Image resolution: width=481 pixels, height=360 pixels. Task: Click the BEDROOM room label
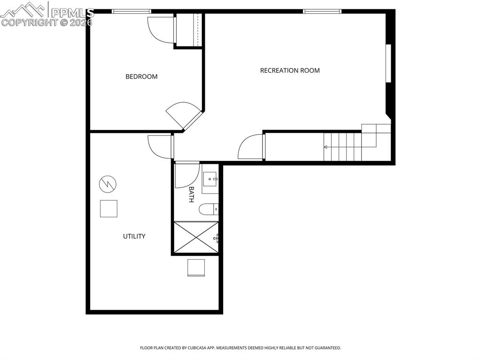click(x=141, y=77)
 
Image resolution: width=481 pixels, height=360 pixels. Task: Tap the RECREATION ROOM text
click(x=290, y=70)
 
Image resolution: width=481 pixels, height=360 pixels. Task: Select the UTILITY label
click(x=134, y=236)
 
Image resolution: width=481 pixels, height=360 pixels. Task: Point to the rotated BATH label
click(x=191, y=194)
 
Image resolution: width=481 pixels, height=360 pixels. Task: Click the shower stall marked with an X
click(x=196, y=237)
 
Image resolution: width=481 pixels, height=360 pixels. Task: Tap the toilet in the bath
click(x=209, y=209)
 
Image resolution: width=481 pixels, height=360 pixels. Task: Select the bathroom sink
click(x=210, y=179)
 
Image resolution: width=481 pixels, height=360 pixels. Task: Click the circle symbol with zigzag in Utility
click(x=108, y=184)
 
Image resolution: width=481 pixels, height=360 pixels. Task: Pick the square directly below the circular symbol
click(x=109, y=208)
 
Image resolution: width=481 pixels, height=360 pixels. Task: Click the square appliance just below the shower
click(x=196, y=268)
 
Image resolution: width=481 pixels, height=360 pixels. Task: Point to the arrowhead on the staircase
click(x=326, y=147)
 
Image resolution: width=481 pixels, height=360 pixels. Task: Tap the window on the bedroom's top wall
click(x=132, y=11)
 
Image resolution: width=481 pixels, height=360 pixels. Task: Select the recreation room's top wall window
click(x=322, y=11)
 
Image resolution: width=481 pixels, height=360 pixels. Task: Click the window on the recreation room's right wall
click(x=388, y=63)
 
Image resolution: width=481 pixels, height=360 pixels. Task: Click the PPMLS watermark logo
click(x=47, y=14)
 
